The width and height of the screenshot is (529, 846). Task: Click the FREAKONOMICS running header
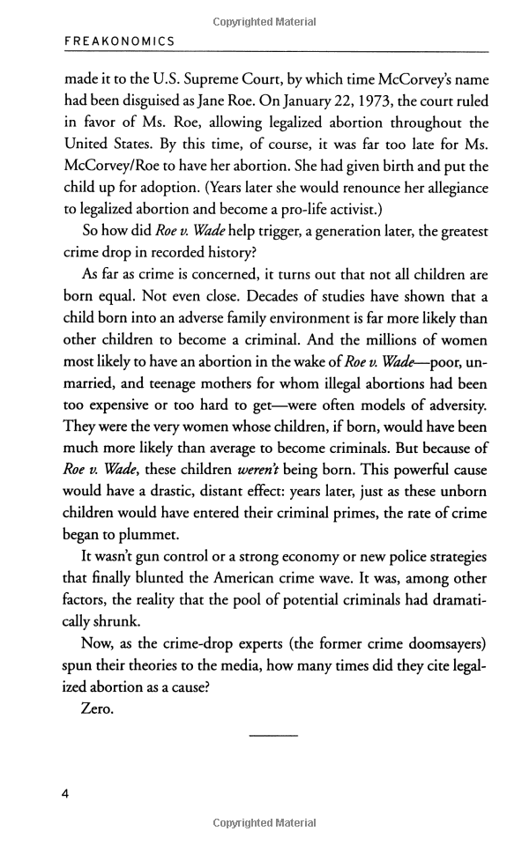tap(120, 41)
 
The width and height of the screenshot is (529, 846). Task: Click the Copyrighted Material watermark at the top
tap(264, 21)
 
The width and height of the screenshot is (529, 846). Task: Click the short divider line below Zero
tap(274, 736)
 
